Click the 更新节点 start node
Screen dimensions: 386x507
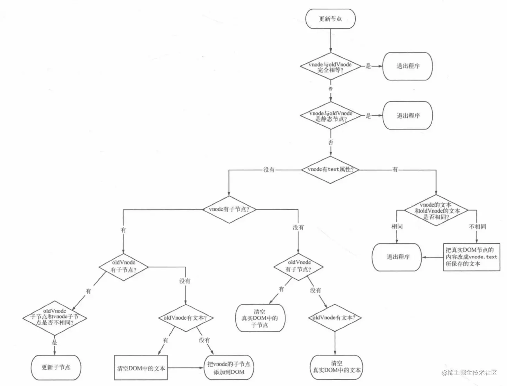(330, 19)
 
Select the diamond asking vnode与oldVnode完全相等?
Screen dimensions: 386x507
(330, 67)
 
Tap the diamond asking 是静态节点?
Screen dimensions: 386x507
(331, 116)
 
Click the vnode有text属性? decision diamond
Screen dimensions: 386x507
(330, 170)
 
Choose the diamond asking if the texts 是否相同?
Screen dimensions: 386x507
(436, 211)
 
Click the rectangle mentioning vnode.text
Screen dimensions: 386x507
(471, 257)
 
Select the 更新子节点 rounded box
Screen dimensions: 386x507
(56, 367)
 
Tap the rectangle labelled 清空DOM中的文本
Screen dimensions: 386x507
(141, 368)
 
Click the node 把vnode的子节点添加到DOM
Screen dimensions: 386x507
(229, 368)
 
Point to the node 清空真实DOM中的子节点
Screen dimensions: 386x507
(260, 318)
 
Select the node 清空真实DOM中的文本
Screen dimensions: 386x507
(336, 367)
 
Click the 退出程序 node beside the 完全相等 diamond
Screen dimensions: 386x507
(408, 66)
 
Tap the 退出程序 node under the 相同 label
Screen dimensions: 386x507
(397, 257)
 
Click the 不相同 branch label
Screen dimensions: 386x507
(477, 226)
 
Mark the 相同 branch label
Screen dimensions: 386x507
(397, 226)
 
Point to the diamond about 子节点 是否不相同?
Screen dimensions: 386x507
(55, 317)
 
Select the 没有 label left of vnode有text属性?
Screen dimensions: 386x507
(269, 170)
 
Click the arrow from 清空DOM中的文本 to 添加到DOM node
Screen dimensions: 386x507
(186, 368)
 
